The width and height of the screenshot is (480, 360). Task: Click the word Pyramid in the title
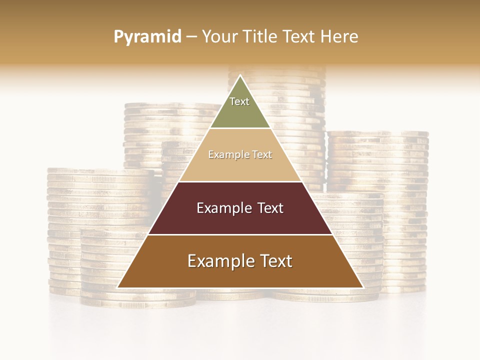[147, 37]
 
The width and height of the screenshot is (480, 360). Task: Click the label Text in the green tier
[239, 101]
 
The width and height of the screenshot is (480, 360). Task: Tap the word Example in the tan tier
[224, 155]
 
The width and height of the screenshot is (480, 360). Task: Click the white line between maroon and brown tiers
[240, 234]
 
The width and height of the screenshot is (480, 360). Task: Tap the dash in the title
[191, 37]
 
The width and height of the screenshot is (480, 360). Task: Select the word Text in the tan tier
[261, 155]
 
